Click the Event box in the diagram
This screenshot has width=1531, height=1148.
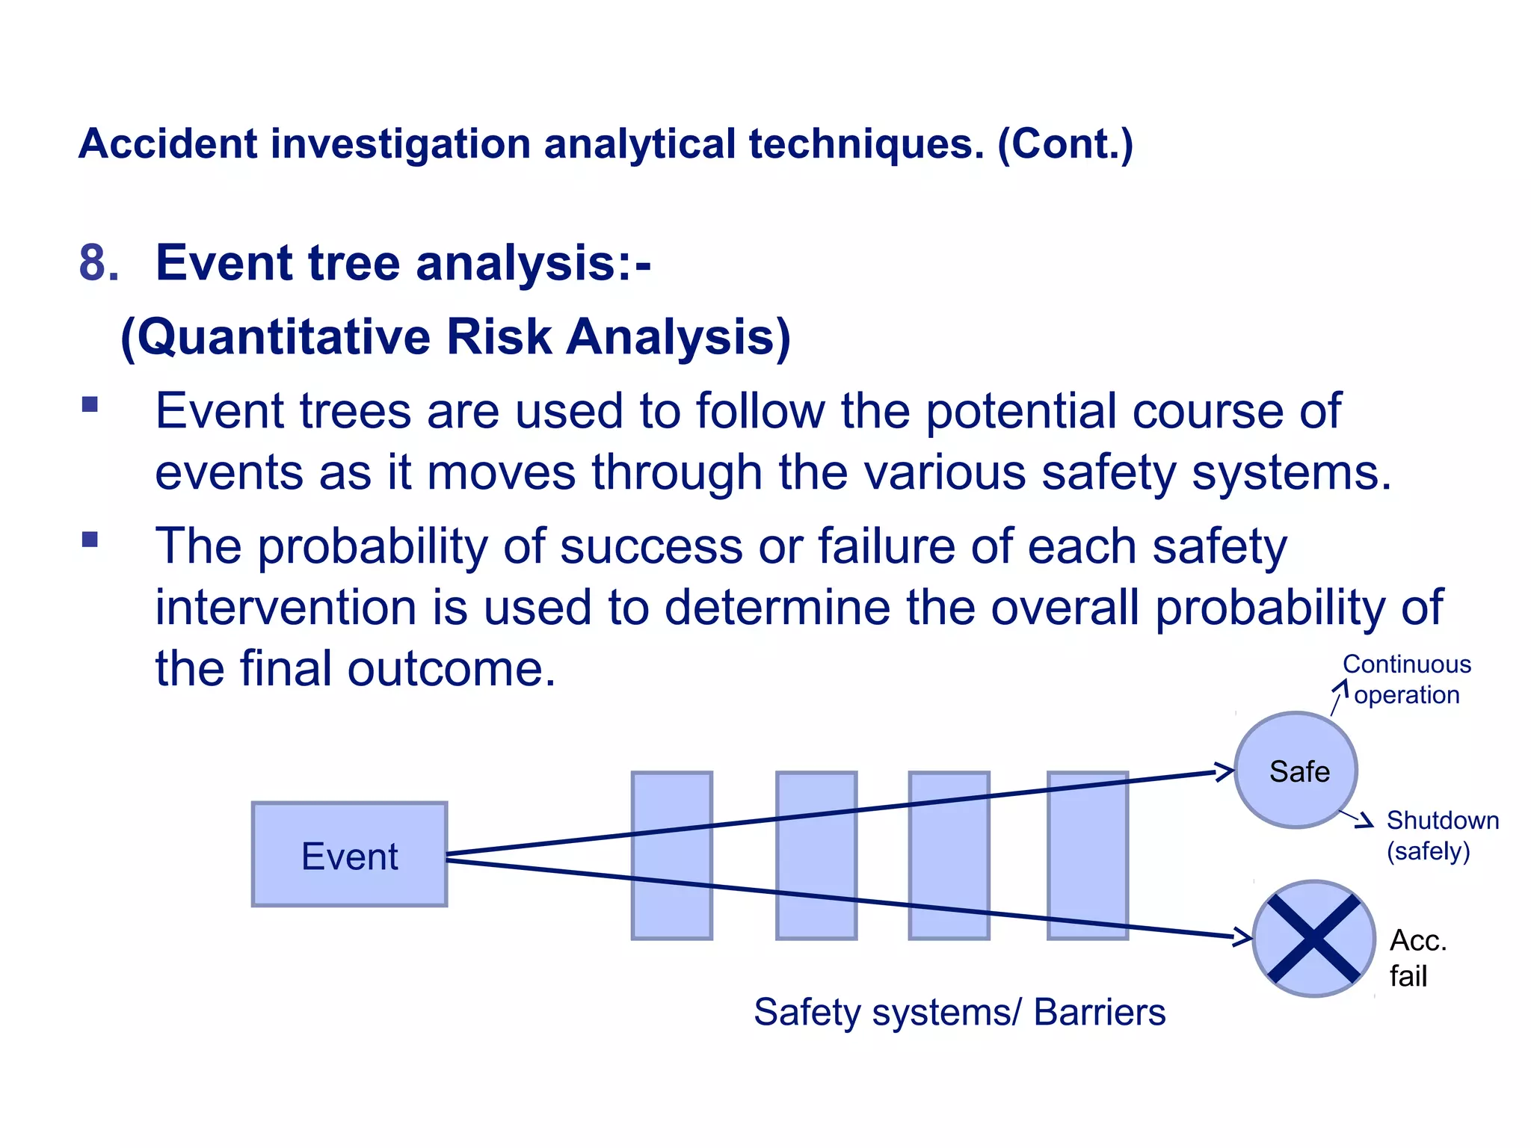click(349, 854)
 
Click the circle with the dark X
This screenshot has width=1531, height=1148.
click(1313, 939)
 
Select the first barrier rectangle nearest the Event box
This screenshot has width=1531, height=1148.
click(671, 855)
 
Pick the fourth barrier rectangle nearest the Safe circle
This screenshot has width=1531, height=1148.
click(1087, 855)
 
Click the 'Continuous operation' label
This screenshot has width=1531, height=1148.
click(1406, 679)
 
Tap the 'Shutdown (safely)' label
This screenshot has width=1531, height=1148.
click(1441, 836)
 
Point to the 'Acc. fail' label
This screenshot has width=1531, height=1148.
click(1417, 958)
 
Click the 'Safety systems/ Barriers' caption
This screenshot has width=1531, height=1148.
click(959, 1013)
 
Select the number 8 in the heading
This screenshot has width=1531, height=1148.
click(97, 263)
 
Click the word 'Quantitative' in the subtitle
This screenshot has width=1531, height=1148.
click(284, 337)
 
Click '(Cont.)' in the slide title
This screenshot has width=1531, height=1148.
click(1065, 143)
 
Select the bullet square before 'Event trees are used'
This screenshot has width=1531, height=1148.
click(90, 404)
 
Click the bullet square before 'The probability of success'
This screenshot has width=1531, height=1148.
click(90, 539)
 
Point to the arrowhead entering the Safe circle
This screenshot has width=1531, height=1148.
click(1224, 771)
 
